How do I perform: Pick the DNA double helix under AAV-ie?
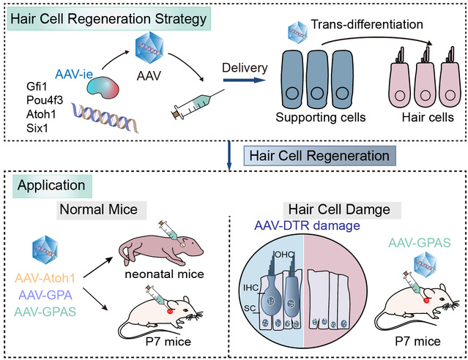point(98,116)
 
